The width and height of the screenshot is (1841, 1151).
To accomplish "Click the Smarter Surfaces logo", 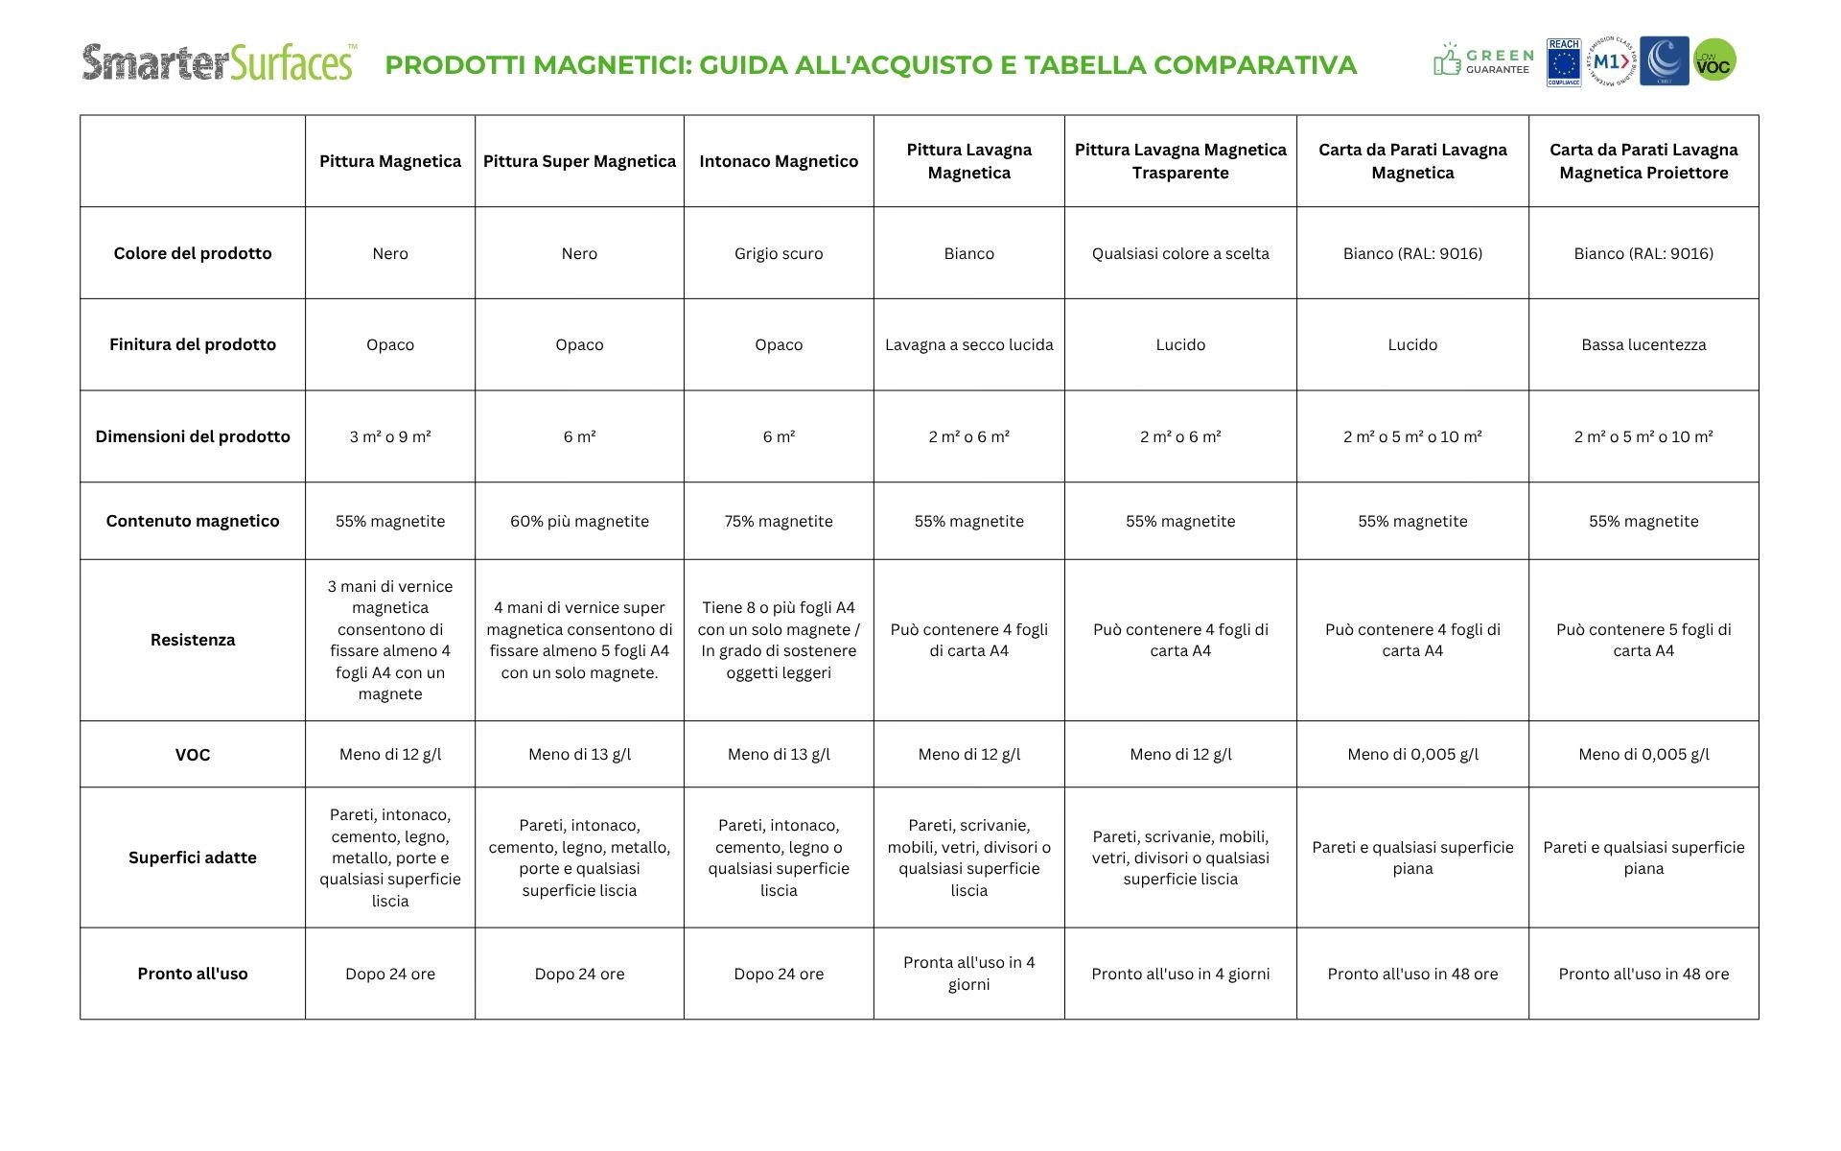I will (220, 62).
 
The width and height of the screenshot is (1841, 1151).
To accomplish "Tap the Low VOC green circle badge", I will (1714, 60).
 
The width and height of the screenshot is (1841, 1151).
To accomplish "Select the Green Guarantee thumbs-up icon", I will (1447, 61).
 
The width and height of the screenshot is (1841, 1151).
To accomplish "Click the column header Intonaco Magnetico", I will (779, 161).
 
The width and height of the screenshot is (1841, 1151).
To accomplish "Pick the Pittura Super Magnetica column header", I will (579, 161).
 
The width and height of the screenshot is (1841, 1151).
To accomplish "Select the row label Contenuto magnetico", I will (193, 521).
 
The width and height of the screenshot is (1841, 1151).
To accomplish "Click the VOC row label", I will (193, 755).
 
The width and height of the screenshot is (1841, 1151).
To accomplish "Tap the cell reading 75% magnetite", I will (779, 521).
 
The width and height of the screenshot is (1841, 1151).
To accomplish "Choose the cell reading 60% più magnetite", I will (579, 521).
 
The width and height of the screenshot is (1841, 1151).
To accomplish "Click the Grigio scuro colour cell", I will (779, 253).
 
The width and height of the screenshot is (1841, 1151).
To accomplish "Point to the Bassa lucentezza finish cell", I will (1643, 344).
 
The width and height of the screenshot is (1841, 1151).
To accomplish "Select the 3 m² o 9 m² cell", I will (390, 436).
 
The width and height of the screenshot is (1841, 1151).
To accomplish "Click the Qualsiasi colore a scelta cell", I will (1180, 253).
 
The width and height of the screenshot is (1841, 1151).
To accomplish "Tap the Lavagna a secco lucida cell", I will (968, 344).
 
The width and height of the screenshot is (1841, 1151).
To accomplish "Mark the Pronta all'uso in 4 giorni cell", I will (968, 974).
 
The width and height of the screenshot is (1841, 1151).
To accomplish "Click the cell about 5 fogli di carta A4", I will (1643, 640).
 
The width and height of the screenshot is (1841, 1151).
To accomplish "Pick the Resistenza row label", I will (193, 640).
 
